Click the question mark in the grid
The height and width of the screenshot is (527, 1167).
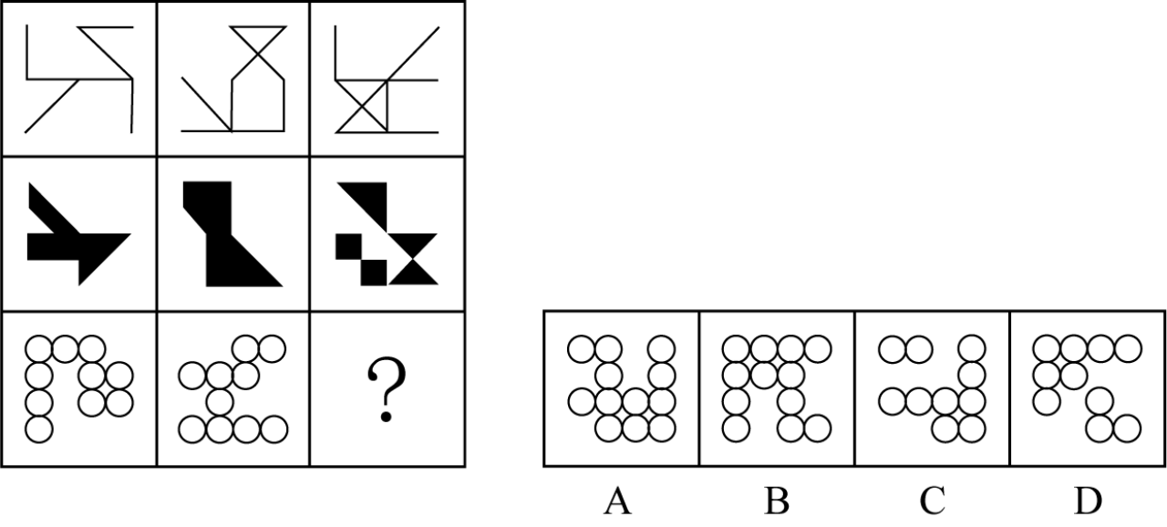(x=386, y=389)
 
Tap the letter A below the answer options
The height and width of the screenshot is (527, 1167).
(x=618, y=501)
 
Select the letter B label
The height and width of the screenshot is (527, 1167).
(x=777, y=501)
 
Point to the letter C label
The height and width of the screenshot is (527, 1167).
(x=932, y=501)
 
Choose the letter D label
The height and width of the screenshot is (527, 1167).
(x=1089, y=501)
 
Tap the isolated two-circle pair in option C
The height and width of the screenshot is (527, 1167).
(x=905, y=349)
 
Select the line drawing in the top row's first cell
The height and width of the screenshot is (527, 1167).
(x=79, y=79)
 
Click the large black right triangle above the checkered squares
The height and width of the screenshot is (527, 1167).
(x=373, y=201)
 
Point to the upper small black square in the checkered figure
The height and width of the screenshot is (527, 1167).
(x=348, y=247)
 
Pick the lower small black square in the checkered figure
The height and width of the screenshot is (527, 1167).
(x=374, y=273)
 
